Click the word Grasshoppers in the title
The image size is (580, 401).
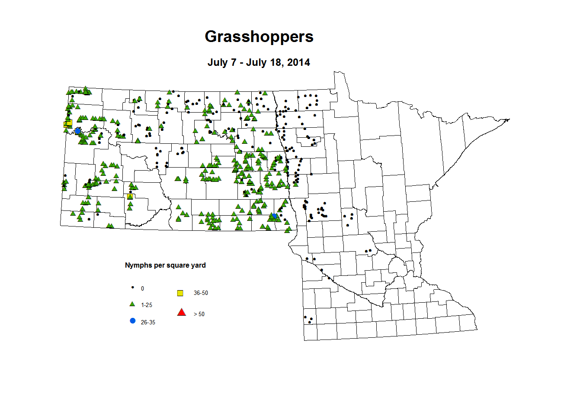coord(259,36)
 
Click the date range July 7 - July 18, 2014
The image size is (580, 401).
coord(259,62)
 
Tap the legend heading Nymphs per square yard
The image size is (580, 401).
coord(165,265)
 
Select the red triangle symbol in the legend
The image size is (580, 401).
coord(182,312)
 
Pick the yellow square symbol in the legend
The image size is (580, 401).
coord(180,293)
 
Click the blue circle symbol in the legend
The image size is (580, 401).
coord(133,321)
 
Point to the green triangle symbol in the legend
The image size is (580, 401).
coord(133,304)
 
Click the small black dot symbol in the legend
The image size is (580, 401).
coord(133,287)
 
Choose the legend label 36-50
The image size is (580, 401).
coord(201,293)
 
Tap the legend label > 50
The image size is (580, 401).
coord(199,314)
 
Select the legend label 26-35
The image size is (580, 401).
coord(148,323)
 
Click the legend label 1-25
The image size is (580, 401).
coord(147,305)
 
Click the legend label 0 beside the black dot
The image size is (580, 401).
coord(143,288)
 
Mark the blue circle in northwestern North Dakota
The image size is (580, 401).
coord(78,131)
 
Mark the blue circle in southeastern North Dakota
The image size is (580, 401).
coord(274,216)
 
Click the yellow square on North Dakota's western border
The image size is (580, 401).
coord(68,124)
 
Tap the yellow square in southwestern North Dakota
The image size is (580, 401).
coord(130,197)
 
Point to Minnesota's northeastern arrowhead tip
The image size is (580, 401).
coord(509,120)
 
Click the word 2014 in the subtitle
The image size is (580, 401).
coord(298,62)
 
